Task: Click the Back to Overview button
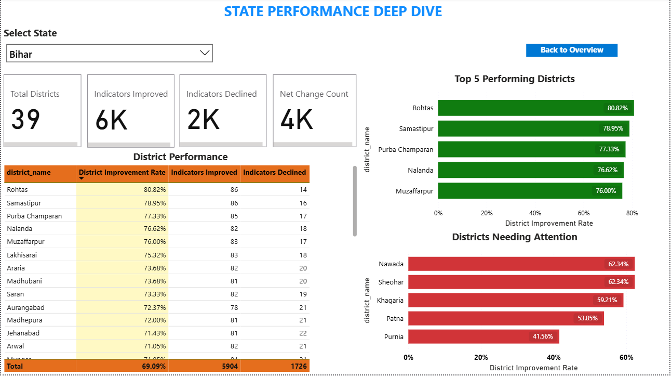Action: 571,50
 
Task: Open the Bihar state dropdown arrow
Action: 205,53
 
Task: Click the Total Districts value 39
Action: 25,120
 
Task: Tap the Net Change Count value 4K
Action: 297,120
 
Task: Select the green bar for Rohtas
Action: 535,108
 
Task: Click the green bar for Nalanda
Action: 530,170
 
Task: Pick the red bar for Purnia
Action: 483,336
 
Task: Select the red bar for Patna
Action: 505,318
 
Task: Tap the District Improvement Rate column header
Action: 122,172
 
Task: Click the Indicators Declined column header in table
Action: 275,172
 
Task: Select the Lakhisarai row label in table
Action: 22,255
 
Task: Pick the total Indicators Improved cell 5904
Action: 228,366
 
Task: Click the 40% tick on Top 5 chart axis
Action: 535,213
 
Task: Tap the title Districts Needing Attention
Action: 514,237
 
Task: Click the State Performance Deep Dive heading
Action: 333,11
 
